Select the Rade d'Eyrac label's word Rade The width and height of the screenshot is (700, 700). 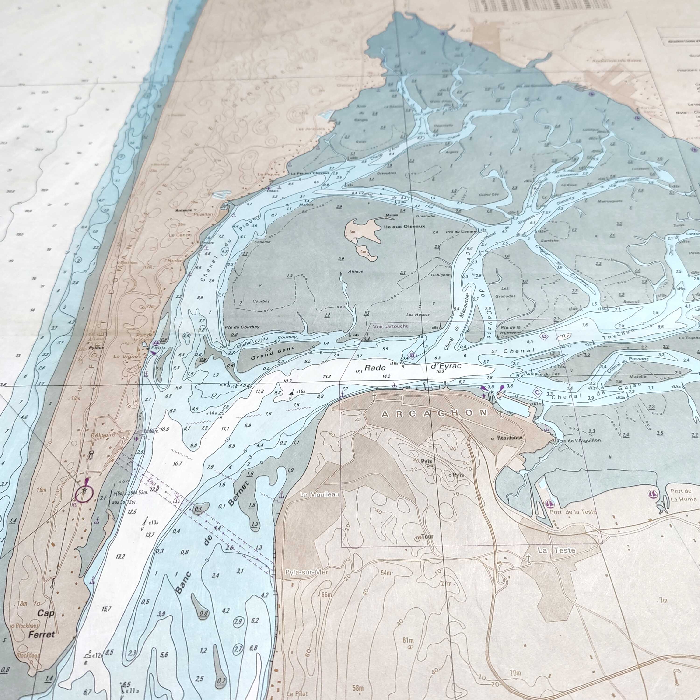(375, 368)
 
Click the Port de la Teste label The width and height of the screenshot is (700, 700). (572, 512)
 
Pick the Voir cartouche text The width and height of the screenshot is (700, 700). (391, 326)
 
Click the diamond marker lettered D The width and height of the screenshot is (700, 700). (544, 337)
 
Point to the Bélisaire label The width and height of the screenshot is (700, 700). (104, 434)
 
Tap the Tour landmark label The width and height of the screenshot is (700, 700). (427, 537)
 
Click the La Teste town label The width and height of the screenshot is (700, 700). (556, 550)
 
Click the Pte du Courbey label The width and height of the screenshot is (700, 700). (242, 327)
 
